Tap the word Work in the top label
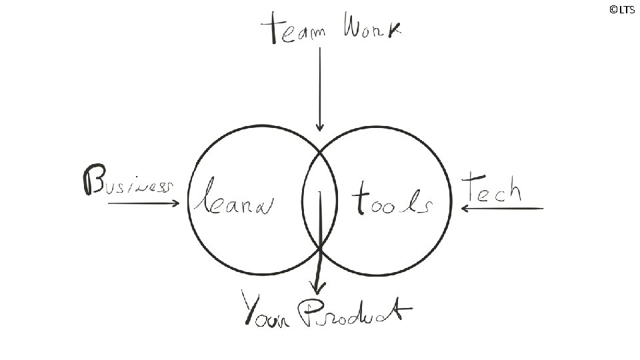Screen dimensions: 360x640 pyautogui.click(x=373, y=29)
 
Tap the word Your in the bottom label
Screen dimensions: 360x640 pyautogui.click(x=266, y=311)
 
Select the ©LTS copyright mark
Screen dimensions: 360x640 pyautogui.click(x=621, y=9)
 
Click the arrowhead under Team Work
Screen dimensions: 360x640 pyautogui.click(x=320, y=127)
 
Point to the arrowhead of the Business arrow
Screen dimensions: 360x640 pyautogui.click(x=177, y=203)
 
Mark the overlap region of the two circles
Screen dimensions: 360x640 pyautogui.click(x=320, y=200)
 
